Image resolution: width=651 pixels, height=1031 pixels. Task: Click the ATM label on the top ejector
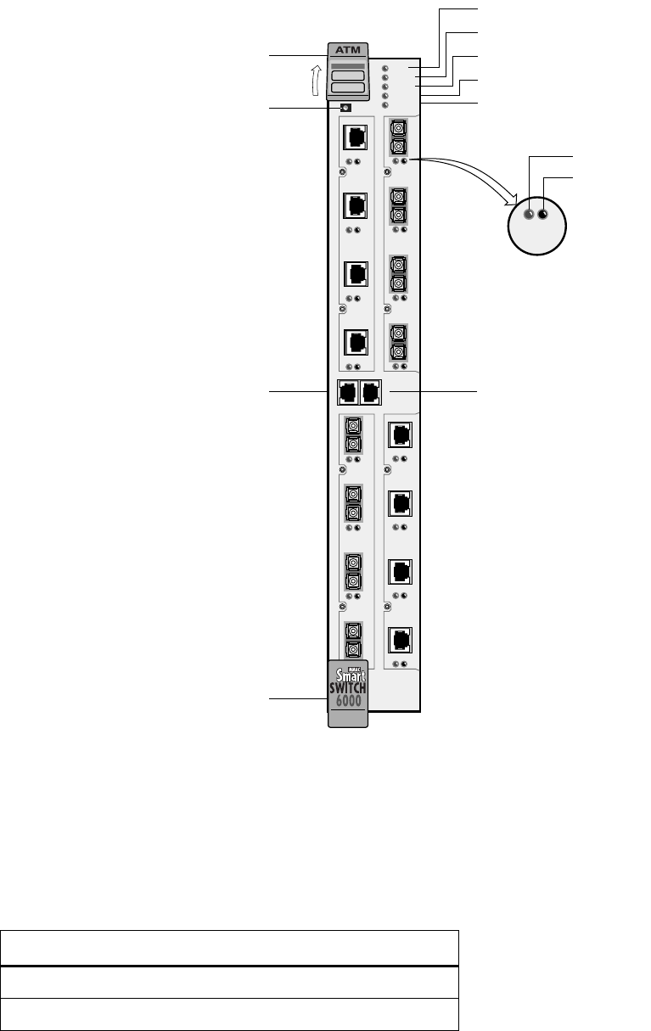(348, 50)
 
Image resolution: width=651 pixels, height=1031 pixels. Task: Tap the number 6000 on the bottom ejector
(347, 702)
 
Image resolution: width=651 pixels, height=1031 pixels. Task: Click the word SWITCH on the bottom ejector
(347, 688)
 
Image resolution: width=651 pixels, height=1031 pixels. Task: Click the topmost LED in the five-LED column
(385, 68)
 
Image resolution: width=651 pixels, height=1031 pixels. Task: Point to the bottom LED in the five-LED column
(385, 105)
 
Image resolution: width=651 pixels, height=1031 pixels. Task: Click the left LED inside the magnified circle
(529, 215)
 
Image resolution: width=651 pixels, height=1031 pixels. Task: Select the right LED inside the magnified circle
(543, 215)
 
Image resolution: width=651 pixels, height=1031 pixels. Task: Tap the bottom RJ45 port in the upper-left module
(356, 341)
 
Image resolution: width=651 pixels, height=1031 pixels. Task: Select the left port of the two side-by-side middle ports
(348, 392)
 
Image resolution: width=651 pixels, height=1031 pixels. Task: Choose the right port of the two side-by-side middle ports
(370, 392)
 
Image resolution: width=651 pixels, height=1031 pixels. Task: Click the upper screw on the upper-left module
(342, 172)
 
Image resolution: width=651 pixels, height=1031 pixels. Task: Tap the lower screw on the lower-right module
(388, 607)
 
